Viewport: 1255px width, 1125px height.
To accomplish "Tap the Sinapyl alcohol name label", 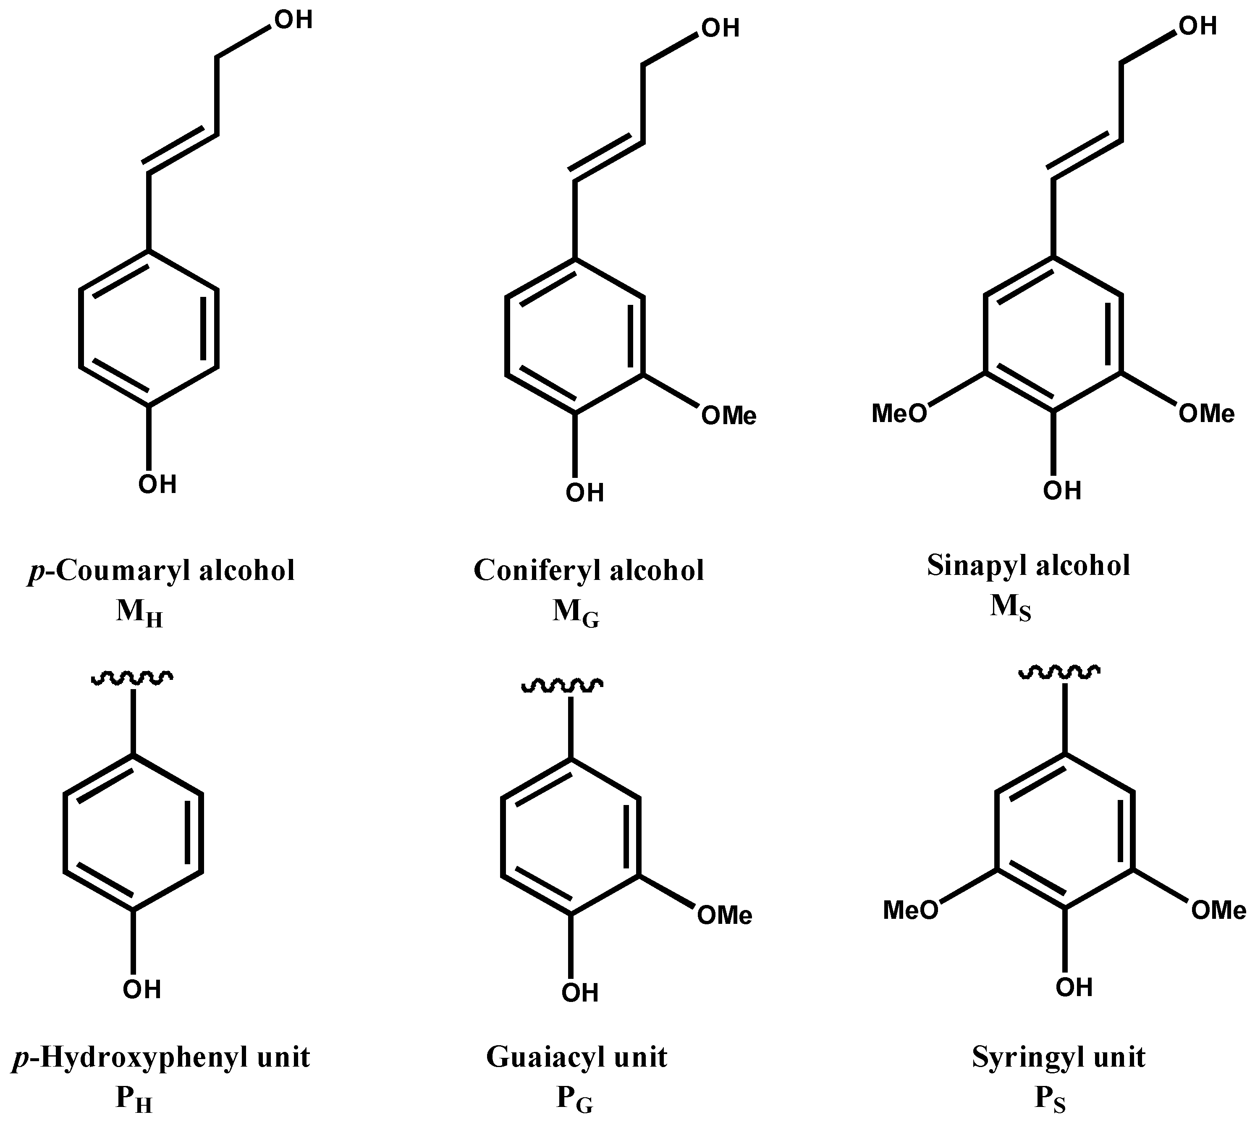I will [1028, 566].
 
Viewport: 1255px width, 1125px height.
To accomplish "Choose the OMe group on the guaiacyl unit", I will [724, 915].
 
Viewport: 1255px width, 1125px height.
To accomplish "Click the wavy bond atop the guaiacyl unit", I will [562, 685].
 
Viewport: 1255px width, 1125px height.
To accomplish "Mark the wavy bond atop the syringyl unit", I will [1059, 671].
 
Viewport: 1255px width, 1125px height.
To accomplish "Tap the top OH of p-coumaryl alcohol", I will [293, 20].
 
